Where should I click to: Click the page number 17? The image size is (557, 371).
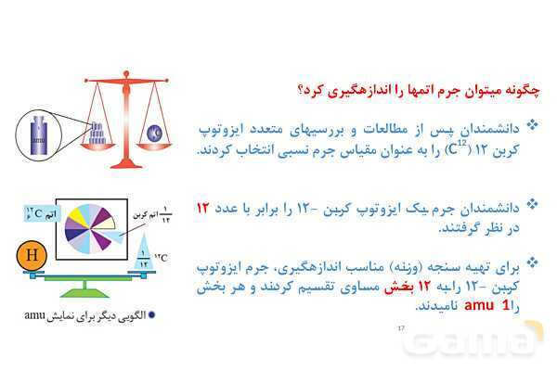click(401, 328)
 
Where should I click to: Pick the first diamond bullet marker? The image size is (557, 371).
click(532, 124)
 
